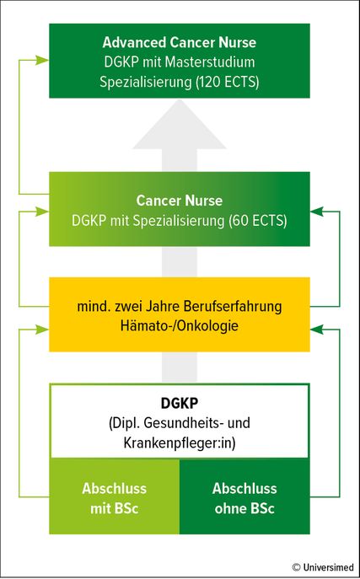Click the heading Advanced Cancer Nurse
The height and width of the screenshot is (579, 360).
click(x=180, y=42)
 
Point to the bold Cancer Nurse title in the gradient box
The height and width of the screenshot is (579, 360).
click(x=180, y=201)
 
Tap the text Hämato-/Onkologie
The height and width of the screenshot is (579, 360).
click(x=180, y=327)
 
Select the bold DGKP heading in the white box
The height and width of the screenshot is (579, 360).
click(x=180, y=404)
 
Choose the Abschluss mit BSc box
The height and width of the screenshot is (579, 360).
click(x=115, y=496)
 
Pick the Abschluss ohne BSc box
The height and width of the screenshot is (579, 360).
click(x=244, y=496)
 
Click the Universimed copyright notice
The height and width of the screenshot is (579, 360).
click(x=323, y=567)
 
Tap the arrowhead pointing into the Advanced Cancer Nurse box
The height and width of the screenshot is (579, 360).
click(x=42, y=61)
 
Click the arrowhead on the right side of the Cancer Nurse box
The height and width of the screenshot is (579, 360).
click(x=317, y=212)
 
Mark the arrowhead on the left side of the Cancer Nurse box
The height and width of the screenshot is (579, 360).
click(x=42, y=212)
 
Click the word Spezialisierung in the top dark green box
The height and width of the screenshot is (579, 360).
click(x=144, y=82)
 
